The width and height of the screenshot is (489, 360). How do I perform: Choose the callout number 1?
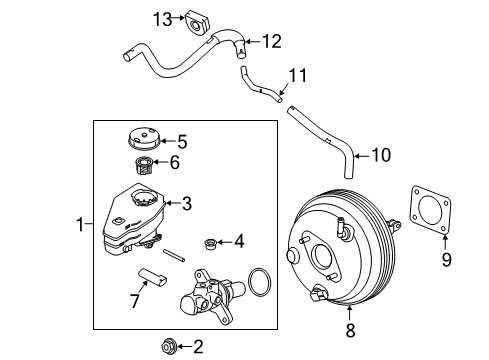(x=81, y=227)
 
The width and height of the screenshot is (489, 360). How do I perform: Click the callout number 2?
(x=197, y=347)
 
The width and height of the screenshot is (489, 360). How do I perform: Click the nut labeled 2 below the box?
(x=168, y=347)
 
